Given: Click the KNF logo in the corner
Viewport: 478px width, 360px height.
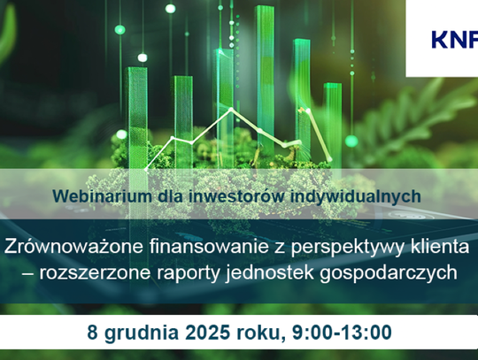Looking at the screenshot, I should [454, 39].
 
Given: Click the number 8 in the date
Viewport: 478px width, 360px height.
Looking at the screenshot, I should [92, 333].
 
